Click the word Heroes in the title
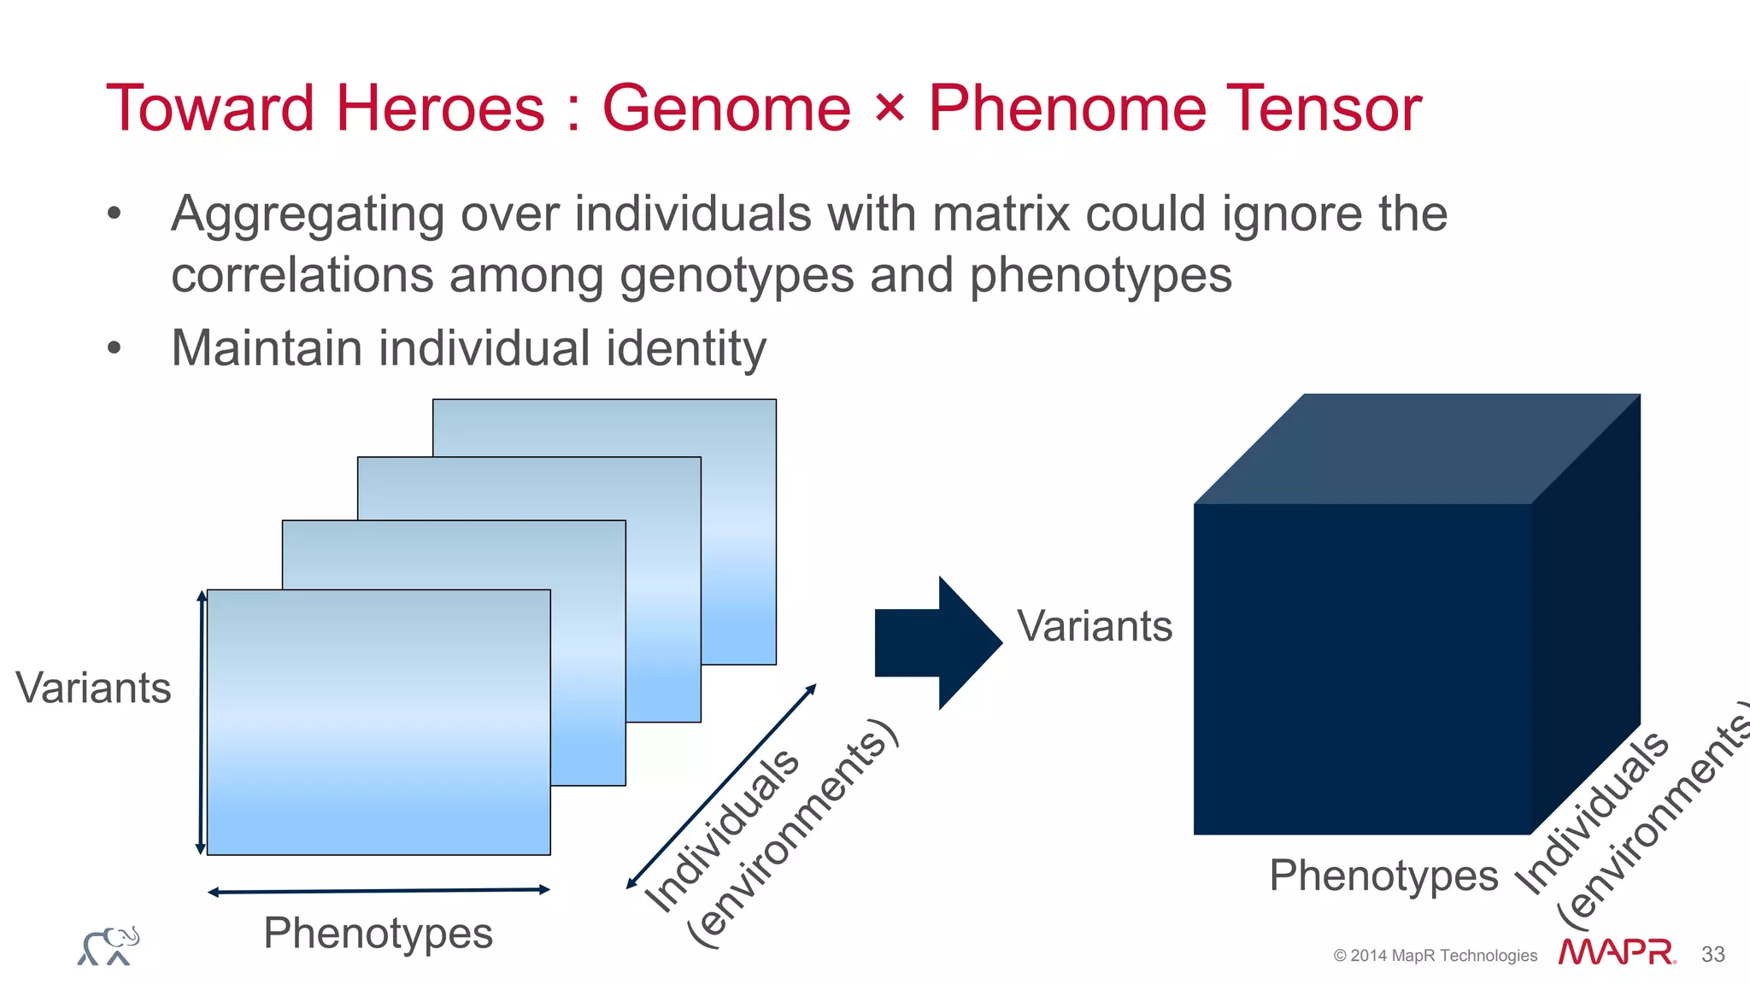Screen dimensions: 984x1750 [x=439, y=108]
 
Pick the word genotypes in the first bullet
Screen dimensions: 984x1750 [x=737, y=276]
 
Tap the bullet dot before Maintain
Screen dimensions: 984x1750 [x=115, y=348]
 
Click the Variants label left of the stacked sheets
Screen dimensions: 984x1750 [x=93, y=688]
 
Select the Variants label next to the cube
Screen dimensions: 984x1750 [x=1095, y=626]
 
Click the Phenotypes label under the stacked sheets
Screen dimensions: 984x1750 [x=378, y=933]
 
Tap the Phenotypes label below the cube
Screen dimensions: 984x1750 [x=1383, y=876]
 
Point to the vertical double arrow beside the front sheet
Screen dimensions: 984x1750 [x=201, y=722]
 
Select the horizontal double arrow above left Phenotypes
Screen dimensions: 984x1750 [x=379, y=891]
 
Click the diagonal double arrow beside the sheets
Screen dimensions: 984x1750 [x=721, y=787]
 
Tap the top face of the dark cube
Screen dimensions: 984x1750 [x=1417, y=448]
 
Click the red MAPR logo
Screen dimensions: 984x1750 [x=1616, y=952]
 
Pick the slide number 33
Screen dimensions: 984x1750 [x=1712, y=954]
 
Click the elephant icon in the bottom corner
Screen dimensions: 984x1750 [x=109, y=946]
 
